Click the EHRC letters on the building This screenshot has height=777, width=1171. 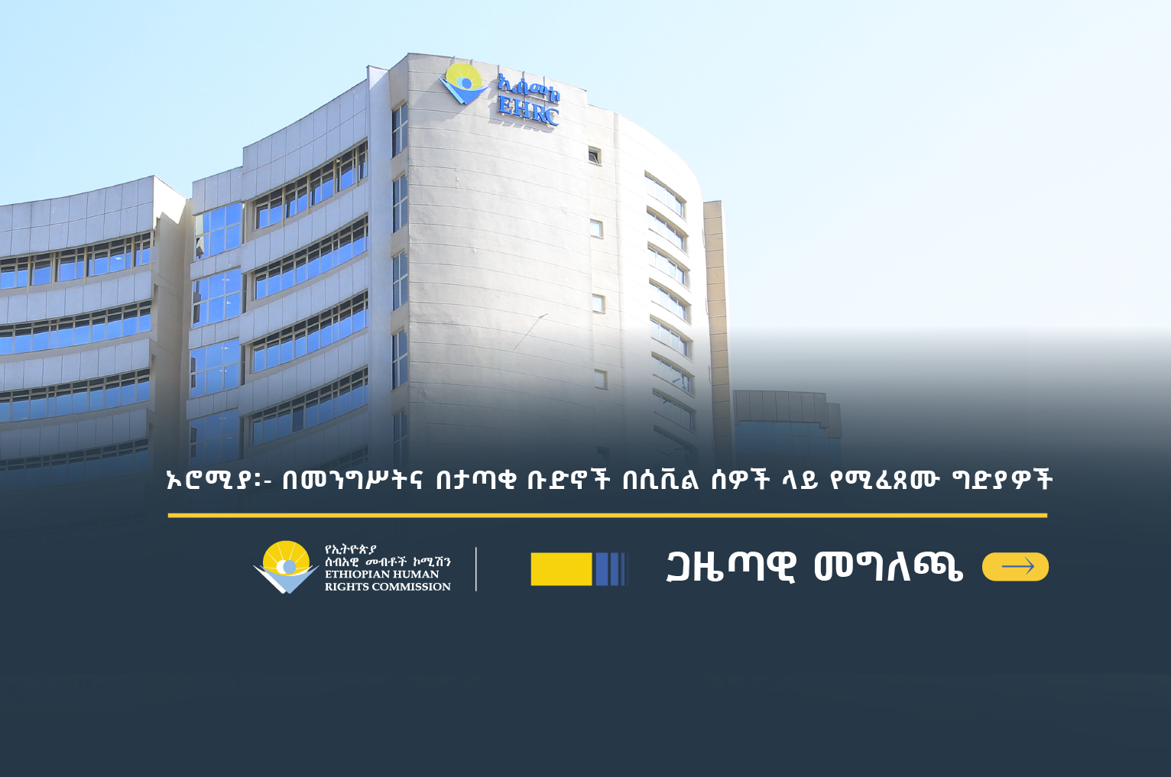tap(528, 110)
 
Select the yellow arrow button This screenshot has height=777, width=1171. tap(1015, 566)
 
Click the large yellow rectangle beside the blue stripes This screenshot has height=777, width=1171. tap(562, 569)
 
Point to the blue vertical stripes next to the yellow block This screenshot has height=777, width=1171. tap(611, 569)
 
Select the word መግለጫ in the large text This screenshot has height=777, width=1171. tap(888, 568)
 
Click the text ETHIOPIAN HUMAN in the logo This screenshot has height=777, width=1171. tap(382, 575)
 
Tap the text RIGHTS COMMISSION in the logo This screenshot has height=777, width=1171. tap(388, 587)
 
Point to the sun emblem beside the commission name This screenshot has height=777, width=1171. tap(286, 566)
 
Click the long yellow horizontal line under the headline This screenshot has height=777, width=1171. tap(608, 516)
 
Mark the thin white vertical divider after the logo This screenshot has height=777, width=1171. tap(476, 569)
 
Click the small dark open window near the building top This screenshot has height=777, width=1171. tap(595, 155)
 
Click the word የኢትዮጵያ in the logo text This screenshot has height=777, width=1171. tap(351, 549)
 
